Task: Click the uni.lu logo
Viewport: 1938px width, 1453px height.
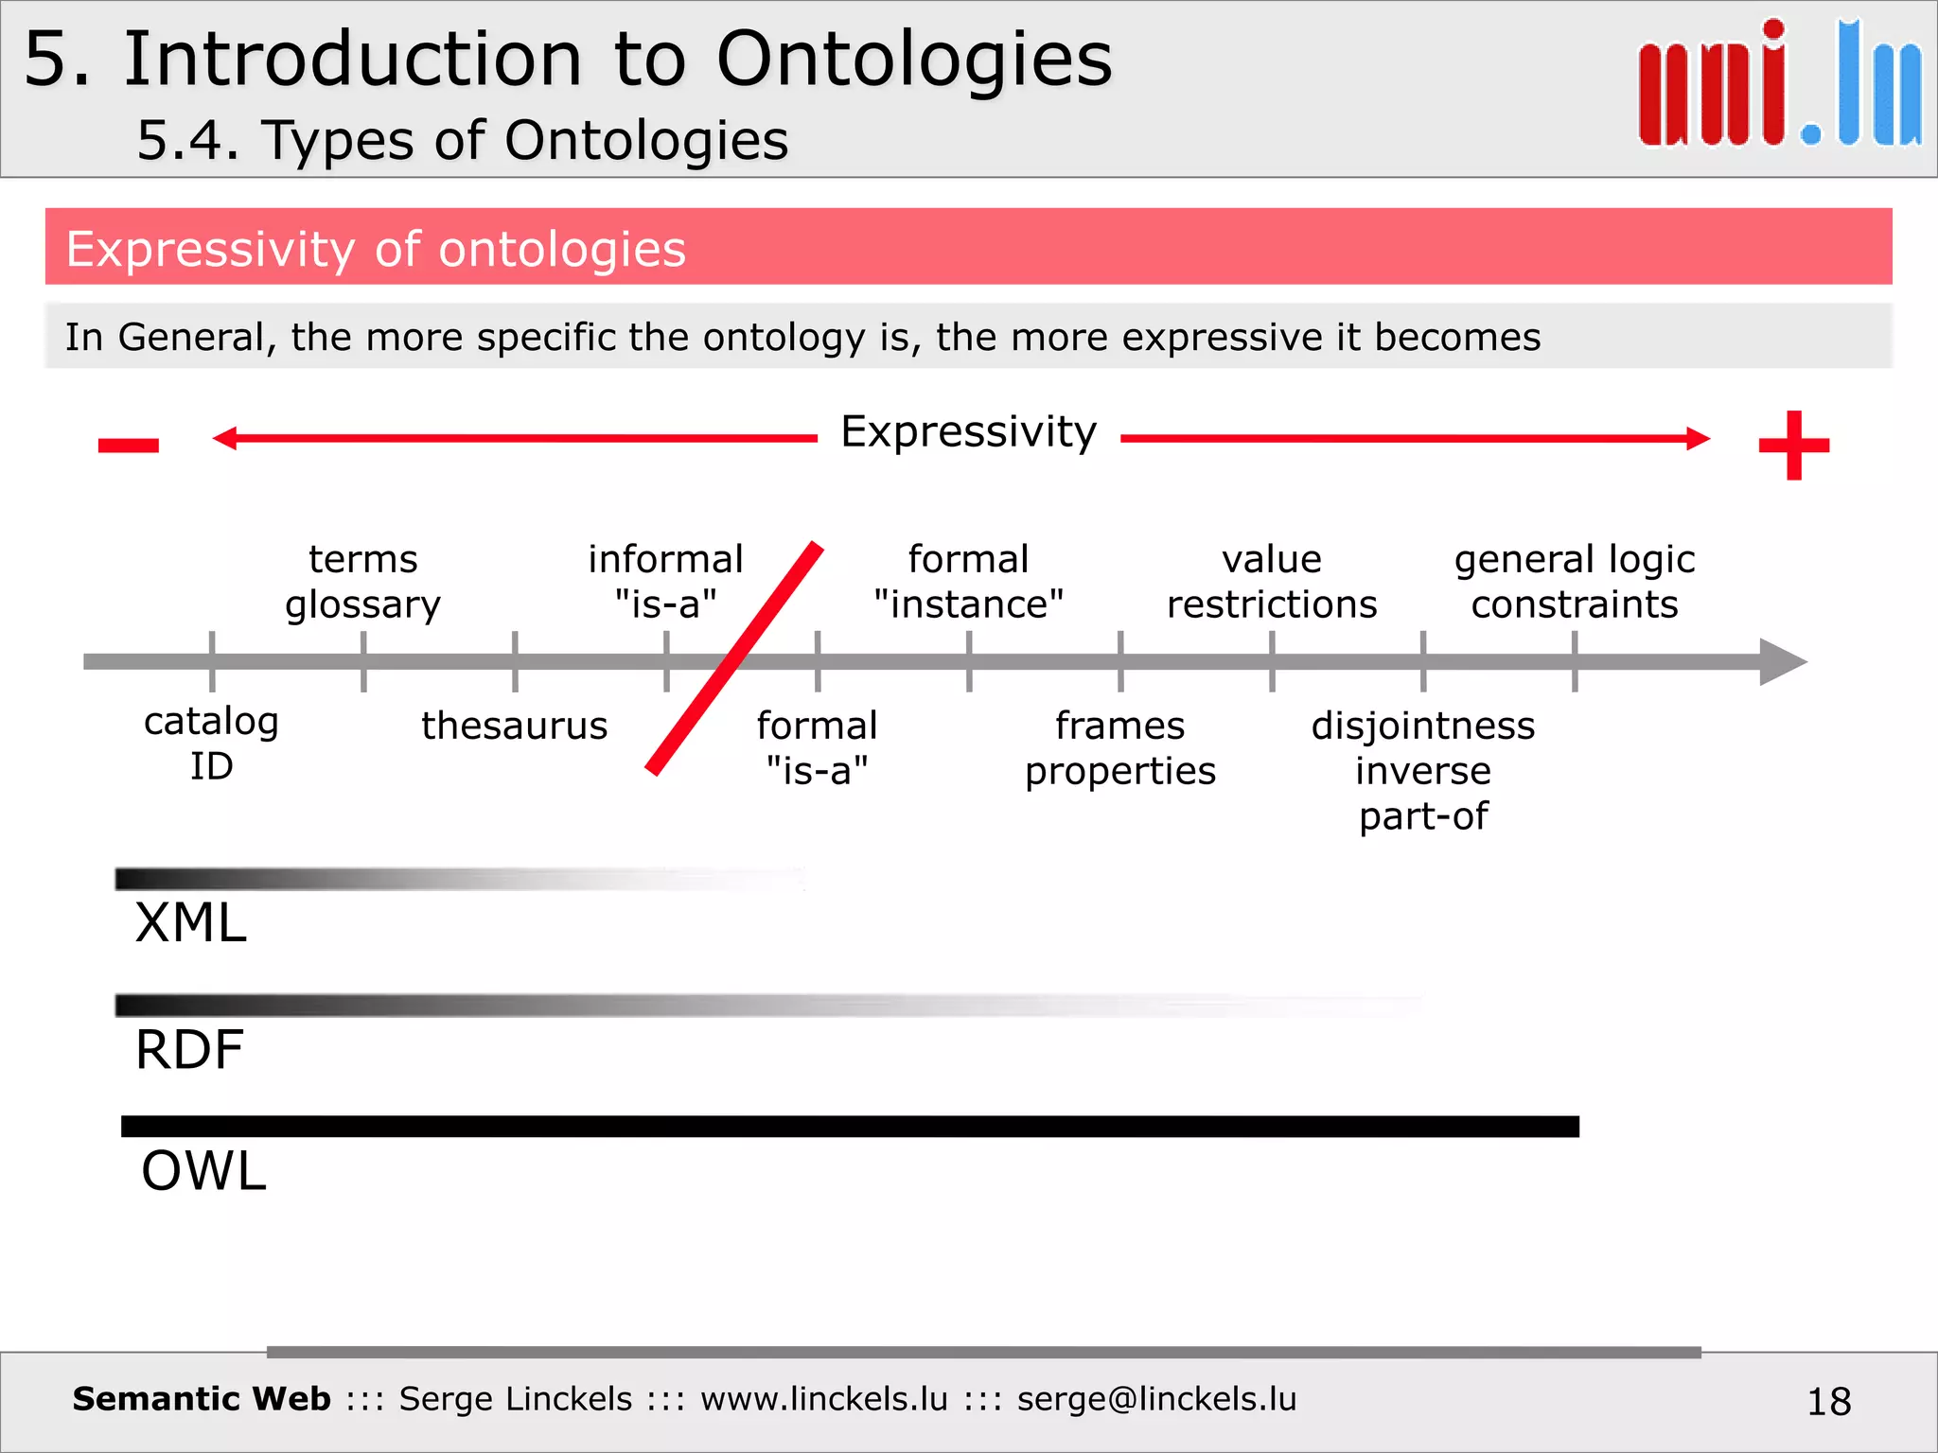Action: pyautogui.click(x=1779, y=85)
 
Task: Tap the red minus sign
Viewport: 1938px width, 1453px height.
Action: pyautogui.click(x=129, y=445)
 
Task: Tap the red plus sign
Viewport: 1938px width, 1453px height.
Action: pyautogui.click(x=1793, y=445)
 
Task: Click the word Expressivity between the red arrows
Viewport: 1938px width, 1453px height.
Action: pyautogui.click(x=968, y=432)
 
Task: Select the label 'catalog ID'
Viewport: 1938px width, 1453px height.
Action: pyautogui.click(x=211, y=744)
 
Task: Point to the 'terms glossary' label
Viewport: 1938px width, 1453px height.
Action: pyautogui.click(x=362, y=582)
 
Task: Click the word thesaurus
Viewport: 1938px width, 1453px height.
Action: pyautogui.click(x=514, y=726)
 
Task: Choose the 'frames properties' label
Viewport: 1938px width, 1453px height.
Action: pyautogui.click(x=1119, y=748)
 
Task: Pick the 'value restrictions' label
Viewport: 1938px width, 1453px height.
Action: pyautogui.click(x=1272, y=582)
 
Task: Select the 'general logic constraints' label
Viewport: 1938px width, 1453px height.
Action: pyautogui.click(x=1575, y=582)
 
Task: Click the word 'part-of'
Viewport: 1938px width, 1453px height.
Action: pyautogui.click(x=1423, y=816)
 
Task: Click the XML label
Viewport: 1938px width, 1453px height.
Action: pyautogui.click(x=191, y=923)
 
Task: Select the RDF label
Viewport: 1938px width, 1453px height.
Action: pyautogui.click(x=189, y=1050)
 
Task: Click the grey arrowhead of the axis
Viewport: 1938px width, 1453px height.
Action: pyautogui.click(x=1781, y=661)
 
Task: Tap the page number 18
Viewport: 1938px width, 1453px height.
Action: pyautogui.click(x=1828, y=1401)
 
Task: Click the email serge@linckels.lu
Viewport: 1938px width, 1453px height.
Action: pyautogui.click(x=1156, y=1399)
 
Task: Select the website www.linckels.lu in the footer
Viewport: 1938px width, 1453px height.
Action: pyautogui.click(x=823, y=1399)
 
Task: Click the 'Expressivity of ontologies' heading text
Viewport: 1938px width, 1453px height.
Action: pyautogui.click(x=376, y=250)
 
